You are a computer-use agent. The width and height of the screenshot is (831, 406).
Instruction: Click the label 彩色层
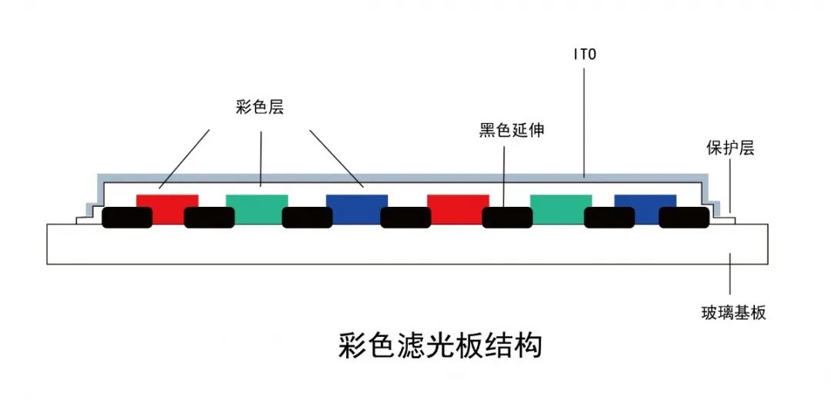point(260,108)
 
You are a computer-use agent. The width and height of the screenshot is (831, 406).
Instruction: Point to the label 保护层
point(730,148)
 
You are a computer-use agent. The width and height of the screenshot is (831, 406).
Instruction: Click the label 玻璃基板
point(733,313)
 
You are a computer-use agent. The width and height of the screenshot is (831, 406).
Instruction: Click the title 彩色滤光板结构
point(440,345)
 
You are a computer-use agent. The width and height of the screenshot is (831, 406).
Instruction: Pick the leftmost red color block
point(167,201)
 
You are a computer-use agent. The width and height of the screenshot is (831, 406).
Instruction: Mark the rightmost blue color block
point(645,201)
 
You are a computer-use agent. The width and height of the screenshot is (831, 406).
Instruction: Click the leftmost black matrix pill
point(126,218)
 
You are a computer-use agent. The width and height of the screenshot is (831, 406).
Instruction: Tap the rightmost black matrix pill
point(684,218)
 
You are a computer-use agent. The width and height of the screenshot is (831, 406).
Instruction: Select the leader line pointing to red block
point(185,158)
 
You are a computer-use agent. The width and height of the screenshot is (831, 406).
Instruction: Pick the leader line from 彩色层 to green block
point(262,158)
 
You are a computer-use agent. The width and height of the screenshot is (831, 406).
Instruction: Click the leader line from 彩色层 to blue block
point(336,158)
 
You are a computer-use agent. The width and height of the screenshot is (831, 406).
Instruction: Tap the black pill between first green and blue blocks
point(307,218)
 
